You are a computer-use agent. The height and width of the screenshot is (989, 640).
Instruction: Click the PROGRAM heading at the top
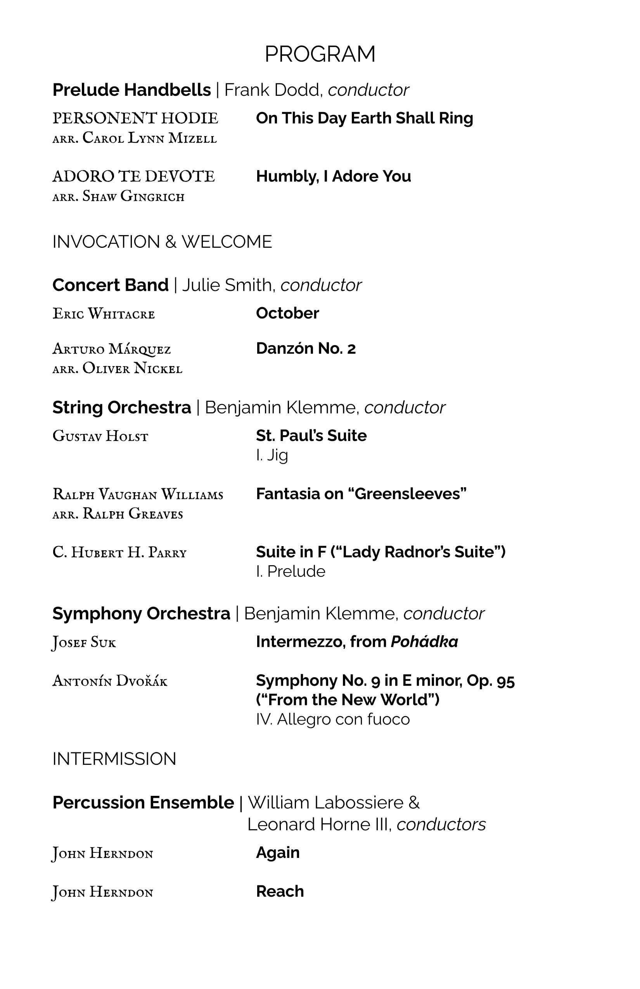click(320, 54)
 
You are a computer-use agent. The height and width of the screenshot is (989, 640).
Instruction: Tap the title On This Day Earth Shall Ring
click(365, 118)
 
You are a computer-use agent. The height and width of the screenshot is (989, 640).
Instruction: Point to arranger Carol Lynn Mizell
click(135, 138)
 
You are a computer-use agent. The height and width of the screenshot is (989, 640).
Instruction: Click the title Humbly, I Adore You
click(333, 176)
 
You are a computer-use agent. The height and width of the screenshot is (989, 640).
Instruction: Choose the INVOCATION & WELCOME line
click(162, 242)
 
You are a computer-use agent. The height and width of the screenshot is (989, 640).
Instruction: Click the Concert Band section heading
click(111, 285)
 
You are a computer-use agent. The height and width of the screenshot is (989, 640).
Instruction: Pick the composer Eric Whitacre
click(104, 314)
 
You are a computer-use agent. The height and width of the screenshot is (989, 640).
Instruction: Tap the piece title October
click(287, 313)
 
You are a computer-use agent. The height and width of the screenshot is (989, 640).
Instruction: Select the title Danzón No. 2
click(306, 349)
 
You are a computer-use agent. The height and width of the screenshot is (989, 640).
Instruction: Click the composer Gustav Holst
click(100, 436)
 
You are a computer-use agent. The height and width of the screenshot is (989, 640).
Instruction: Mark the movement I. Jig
click(272, 455)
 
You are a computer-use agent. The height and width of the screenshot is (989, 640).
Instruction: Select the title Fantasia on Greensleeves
click(361, 494)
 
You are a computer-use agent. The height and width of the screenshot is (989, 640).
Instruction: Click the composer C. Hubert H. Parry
click(119, 553)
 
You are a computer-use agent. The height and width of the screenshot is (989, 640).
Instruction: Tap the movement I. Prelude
click(291, 572)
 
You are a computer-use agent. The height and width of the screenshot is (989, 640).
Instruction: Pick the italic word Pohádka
click(424, 642)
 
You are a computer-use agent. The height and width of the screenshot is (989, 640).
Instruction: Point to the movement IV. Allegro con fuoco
click(333, 719)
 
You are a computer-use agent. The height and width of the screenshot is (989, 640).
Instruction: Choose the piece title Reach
click(280, 891)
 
